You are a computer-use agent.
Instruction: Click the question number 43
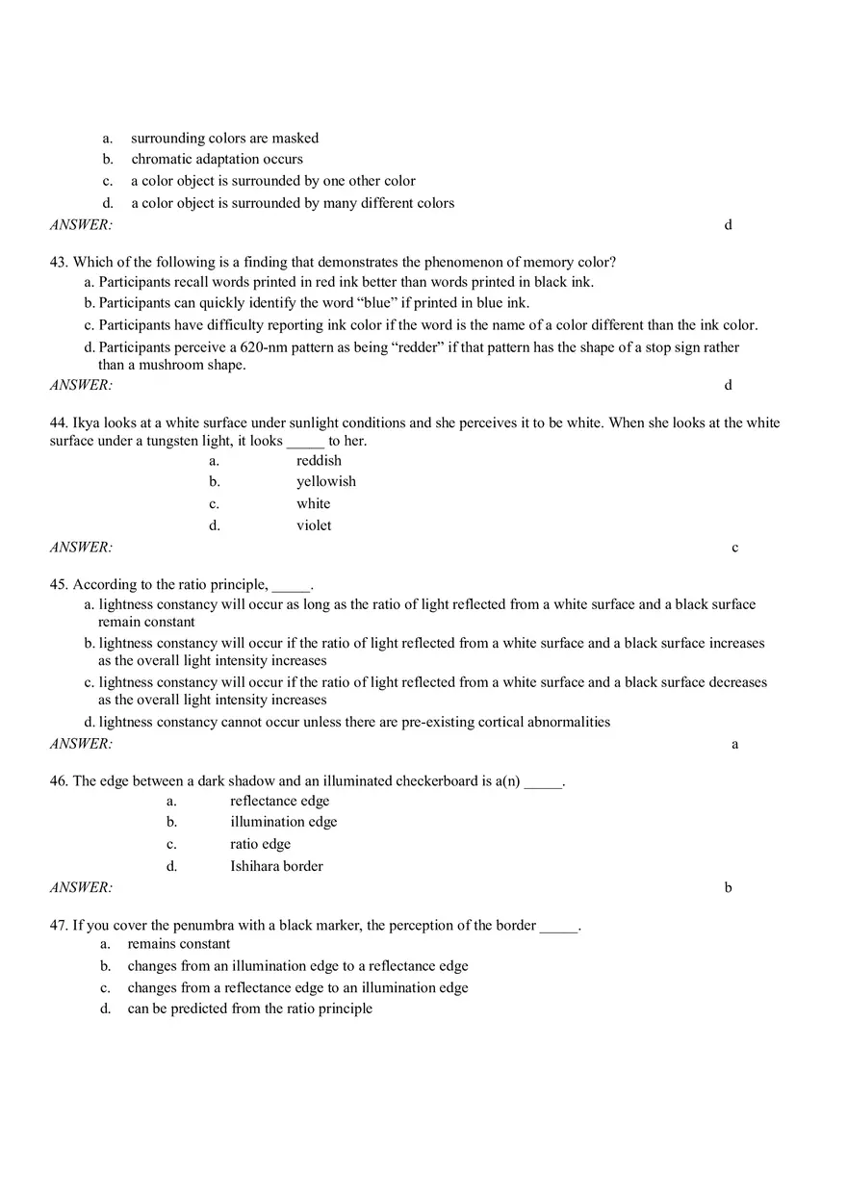click(59, 262)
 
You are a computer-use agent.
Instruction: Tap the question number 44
click(59, 422)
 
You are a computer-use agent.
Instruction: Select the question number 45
click(59, 584)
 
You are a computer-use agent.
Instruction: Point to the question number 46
click(59, 780)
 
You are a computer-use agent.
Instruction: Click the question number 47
click(59, 925)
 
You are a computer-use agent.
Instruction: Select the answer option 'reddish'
click(319, 460)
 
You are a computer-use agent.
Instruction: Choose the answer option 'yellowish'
click(325, 481)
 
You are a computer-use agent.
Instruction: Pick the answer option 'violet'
click(314, 525)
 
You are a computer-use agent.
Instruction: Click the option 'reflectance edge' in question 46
click(279, 801)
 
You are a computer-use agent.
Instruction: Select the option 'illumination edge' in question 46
click(283, 822)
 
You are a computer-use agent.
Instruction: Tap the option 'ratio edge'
click(260, 844)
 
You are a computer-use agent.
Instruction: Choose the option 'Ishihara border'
click(276, 866)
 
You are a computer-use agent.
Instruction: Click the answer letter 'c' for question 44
click(735, 548)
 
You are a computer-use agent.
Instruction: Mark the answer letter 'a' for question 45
click(735, 744)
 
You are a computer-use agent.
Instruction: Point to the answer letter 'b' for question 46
click(729, 887)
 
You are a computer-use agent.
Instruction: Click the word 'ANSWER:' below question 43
click(81, 385)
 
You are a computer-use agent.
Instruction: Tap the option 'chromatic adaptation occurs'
click(217, 159)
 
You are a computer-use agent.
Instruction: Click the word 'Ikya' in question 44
click(88, 422)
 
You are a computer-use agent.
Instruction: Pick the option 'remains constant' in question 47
click(179, 944)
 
